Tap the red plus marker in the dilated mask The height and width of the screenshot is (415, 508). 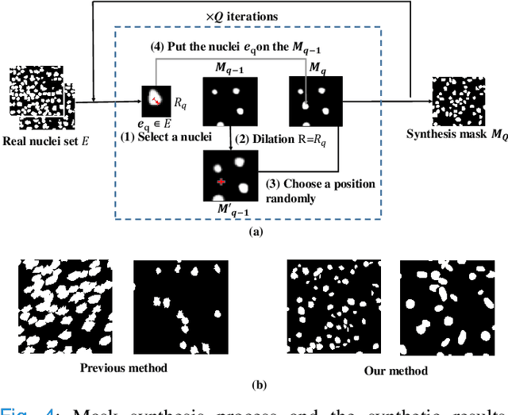coord(221,183)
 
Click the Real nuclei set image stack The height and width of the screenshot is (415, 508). coord(39,98)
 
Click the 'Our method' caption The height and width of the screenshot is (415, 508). coord(395,371)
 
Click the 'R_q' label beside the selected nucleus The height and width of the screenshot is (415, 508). coord(180,103)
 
